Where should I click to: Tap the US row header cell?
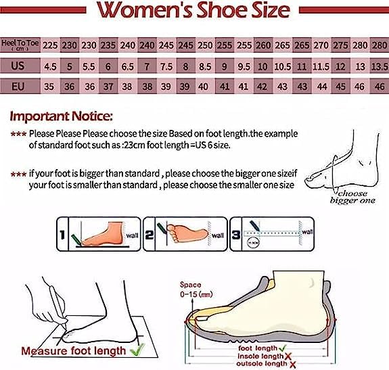coord(18,66)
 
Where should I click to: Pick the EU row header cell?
coord(18,87)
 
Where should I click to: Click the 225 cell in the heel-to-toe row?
coord(50,45)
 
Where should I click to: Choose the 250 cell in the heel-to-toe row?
coord(205,45)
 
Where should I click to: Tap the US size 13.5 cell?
coord(380,66)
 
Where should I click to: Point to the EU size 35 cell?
coord(50,87)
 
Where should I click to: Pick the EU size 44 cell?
coord(322,87)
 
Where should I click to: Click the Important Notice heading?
coord(62,116)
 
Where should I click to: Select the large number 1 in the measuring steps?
coord(63,236)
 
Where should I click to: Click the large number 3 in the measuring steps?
coord(236,236)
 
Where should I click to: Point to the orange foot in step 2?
coord(186,233)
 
